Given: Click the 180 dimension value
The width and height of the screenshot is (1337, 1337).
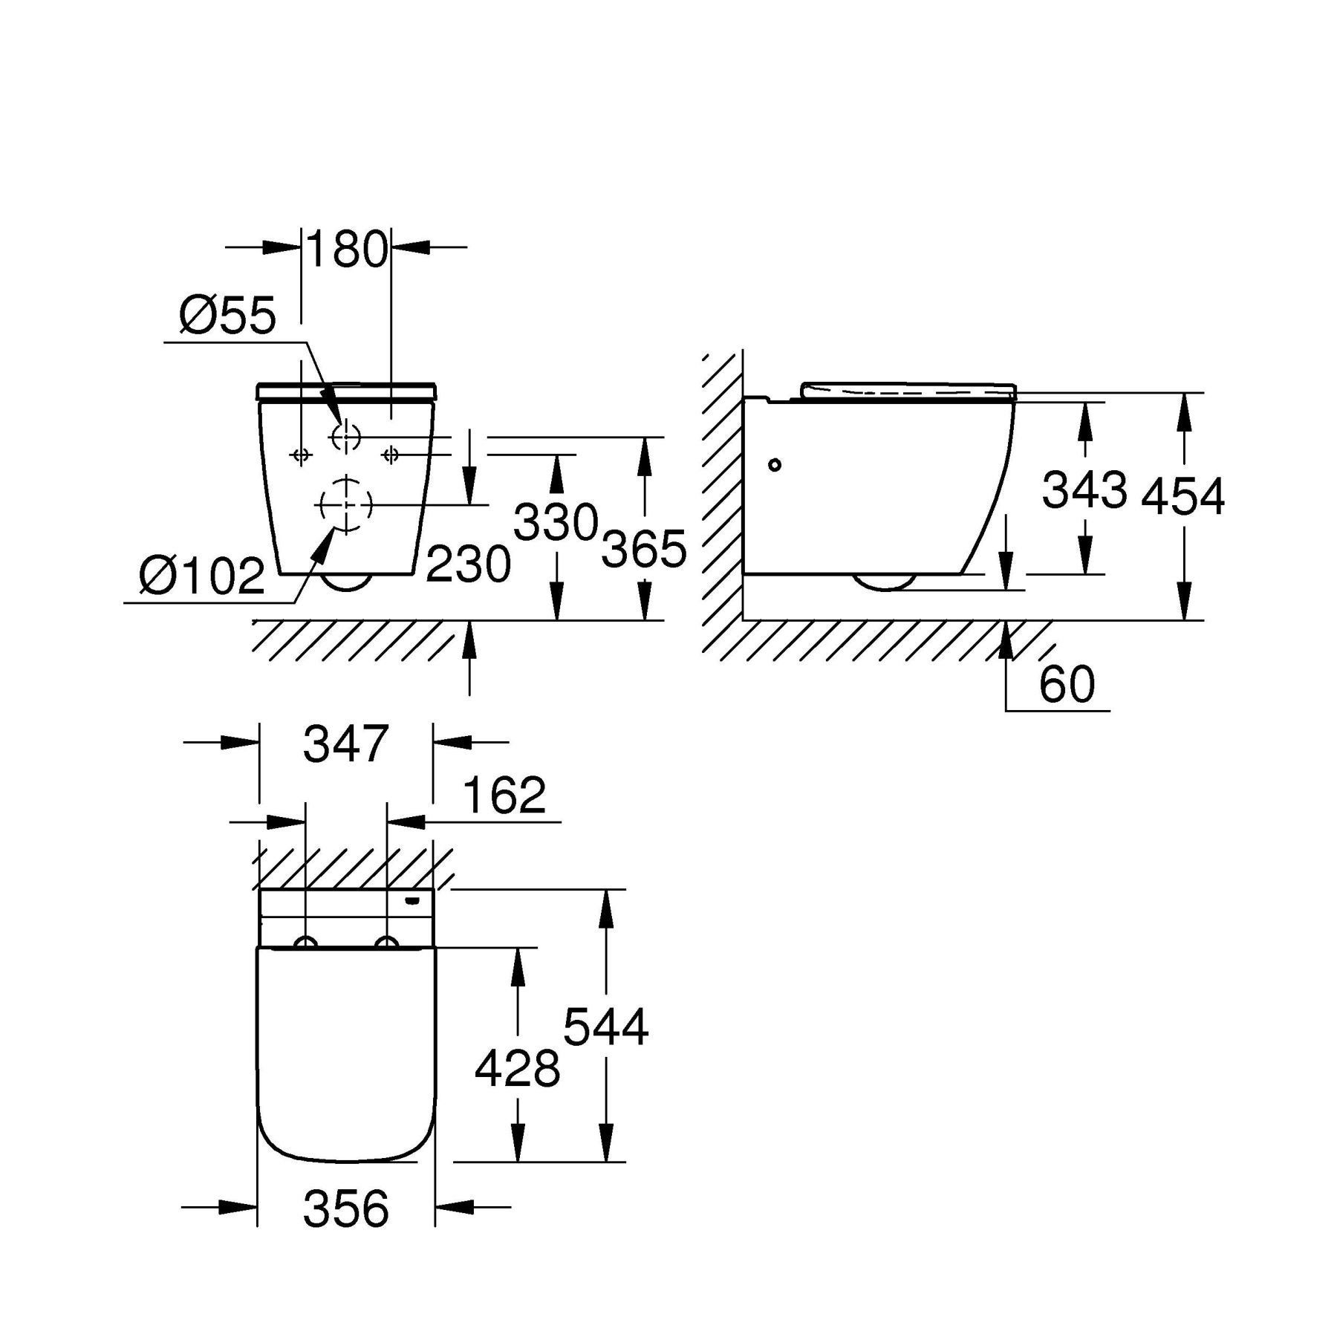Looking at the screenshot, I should tap(346, 250).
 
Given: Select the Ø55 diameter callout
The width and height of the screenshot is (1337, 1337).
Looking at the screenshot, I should tap(227, 315).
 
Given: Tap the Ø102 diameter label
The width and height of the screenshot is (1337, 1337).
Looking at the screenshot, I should tap(202, 575).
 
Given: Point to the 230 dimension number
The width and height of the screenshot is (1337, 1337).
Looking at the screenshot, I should tap(468, 565).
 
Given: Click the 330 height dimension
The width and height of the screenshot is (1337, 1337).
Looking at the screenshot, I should tap(556, 522).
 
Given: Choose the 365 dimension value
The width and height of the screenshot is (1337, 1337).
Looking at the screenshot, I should tap(643, 550).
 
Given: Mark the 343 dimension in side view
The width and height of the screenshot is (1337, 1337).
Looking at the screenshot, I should tap(1084, 490).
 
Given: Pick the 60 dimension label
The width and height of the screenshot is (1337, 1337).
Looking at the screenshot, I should tap(1067, 684).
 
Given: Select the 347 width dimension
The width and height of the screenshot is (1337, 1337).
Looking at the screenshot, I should tap(345, 744).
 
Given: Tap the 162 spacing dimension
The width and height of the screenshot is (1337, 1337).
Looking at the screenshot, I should tap(504, 795).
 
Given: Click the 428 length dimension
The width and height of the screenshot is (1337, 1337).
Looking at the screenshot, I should tap(516, 1069).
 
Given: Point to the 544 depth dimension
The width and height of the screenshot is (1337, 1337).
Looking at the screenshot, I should tap(605, 1027).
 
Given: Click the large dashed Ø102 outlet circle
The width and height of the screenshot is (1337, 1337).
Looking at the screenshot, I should tap(345, 504).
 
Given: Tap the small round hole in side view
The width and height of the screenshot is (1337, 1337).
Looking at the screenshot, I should tap(775, 465).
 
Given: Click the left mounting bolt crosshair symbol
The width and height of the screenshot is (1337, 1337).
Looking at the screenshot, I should tap(301, 455).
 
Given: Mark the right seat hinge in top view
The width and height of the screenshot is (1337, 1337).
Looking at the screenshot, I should tap(386, 943).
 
